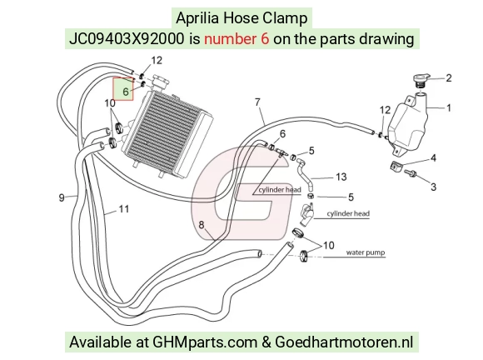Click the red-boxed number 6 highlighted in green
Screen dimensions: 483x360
126,92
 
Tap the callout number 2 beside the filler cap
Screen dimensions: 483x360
449,78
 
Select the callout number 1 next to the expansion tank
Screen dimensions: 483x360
449,107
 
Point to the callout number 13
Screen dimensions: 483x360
341,177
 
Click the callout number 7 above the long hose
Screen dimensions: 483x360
257,102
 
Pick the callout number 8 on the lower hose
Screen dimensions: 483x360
202,225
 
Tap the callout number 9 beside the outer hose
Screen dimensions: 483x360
62,197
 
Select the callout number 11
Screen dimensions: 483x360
123,209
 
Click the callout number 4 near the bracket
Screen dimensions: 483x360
433,157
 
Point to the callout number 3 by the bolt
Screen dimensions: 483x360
433,187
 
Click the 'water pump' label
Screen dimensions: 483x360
366,252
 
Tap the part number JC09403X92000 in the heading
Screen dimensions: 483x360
127,39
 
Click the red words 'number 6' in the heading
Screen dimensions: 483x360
237,39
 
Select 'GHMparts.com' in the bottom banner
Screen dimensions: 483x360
205,342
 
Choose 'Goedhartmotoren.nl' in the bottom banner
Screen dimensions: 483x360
343,342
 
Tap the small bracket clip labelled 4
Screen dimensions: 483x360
396,166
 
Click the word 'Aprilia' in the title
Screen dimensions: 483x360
197,18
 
